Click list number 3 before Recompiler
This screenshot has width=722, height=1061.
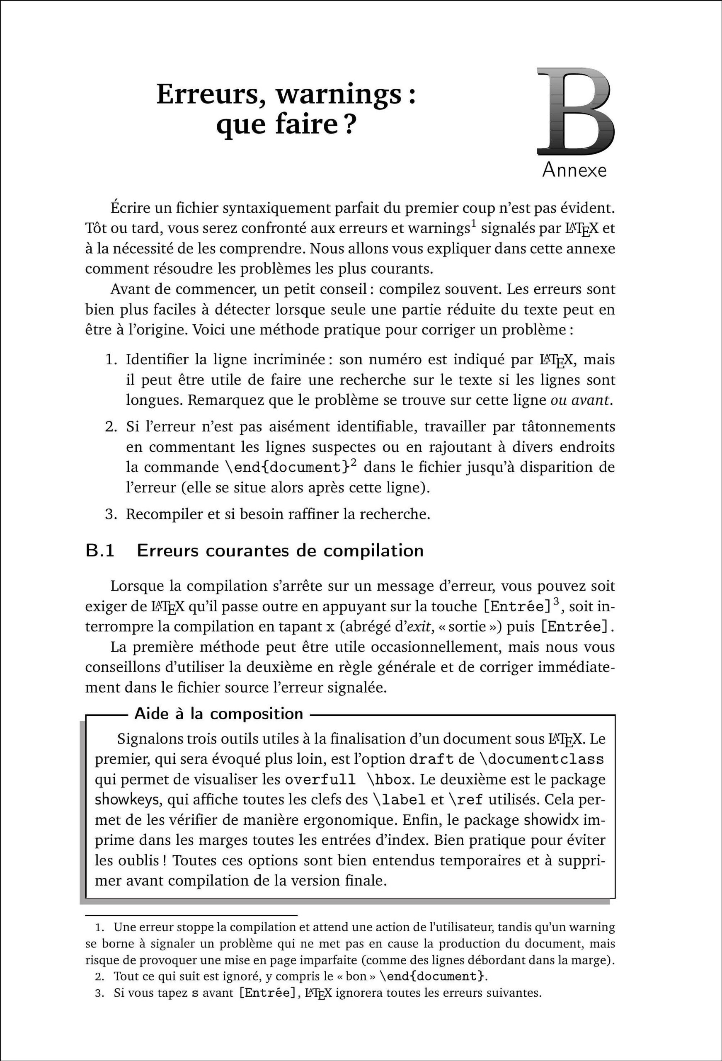111,514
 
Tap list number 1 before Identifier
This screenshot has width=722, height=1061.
111,360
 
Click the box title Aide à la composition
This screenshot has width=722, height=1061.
219,714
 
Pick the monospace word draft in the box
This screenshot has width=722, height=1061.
431,759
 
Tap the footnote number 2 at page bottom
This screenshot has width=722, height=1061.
99,977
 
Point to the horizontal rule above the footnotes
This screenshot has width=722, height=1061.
191,916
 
